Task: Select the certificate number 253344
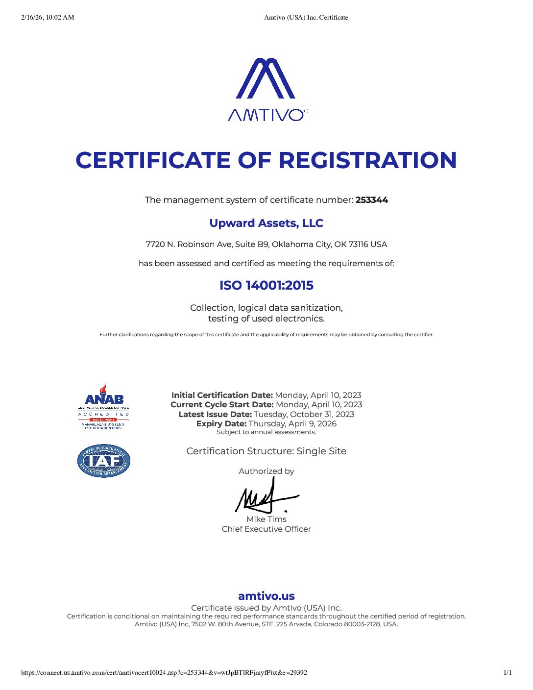pyautogui.click(x=372, y=200)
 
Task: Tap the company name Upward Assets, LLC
pyautogui.click(x=266, y=223)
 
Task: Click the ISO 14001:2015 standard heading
pyautogui.click(x=266, y=285)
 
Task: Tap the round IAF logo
pyautogui.click(x=103, y=461)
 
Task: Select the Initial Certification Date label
pyautogui.click(x=222, y=395)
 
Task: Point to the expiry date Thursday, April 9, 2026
pyautogui.click(x=292, y=423)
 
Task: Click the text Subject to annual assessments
pyautogui.click(x=266, y=432)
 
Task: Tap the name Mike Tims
pyautogui.click(x=266, y=519)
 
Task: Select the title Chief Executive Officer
pyautogui.click(x=266, y=529)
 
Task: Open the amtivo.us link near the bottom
pyautogui.click(x=266, y=596)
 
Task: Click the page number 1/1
pyautogui.click(x=508, y=673)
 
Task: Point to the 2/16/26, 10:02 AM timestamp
pyautogui.click(x=48, y=18)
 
